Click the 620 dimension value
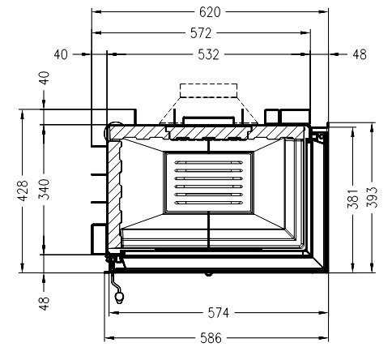tap(210, 12)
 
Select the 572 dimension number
tap(201, 33)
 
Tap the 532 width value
tap(208, 54)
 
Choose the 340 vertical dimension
tap(44, 189)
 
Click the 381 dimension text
tap(352, 199)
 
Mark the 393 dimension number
tap(372, 197)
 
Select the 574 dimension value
tap(219, 313)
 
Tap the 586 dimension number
tap(211, 338)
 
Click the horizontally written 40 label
tap(61, 54)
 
